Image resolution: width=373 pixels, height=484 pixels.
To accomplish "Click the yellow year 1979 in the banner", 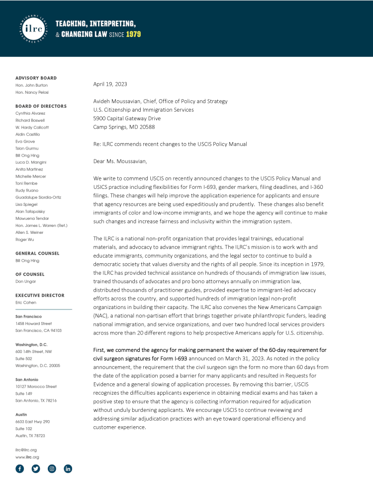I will (133, 34).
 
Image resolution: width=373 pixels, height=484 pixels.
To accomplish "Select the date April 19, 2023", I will (110, 84).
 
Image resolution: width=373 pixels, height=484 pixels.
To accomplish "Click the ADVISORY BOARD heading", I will (36, 78).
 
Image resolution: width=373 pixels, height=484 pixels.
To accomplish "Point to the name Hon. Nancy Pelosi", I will (32, 92).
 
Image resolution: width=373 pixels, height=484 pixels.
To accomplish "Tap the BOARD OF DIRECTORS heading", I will (41, 106).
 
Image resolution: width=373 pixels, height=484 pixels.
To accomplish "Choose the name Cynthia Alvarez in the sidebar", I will (30, 113).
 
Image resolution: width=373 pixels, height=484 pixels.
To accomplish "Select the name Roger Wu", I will (25, 239).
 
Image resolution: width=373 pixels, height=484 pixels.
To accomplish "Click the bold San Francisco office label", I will (28, 317).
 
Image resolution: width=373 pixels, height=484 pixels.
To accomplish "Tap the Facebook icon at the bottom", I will (19, 469).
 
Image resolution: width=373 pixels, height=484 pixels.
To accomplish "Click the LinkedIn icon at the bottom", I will (68, 469).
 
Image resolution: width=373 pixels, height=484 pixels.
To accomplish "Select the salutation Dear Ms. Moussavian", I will (120, 161).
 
